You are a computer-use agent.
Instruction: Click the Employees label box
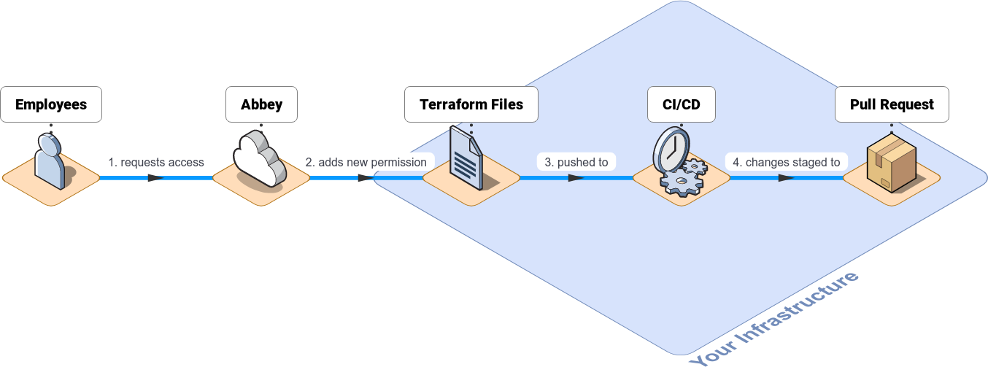point(51,104)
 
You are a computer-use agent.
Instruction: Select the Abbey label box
point(261,104)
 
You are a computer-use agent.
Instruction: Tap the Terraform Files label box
point(471,104)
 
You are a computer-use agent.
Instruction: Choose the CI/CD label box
point(682,104)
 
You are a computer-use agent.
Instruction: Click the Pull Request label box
point(892,104)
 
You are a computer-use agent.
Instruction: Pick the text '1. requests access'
point(156,162)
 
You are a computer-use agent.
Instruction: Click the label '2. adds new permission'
point(366,162)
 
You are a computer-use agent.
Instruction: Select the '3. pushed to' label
point(576,162)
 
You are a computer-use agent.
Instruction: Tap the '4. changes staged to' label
point(787,162)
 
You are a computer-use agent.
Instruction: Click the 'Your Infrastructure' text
point(776,319)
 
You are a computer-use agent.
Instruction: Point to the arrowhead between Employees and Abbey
point(155,177)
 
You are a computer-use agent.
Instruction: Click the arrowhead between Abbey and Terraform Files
point(366,177)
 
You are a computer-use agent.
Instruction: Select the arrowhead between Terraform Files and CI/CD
point(576,177)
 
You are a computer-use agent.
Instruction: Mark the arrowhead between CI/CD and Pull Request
point(786,177)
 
